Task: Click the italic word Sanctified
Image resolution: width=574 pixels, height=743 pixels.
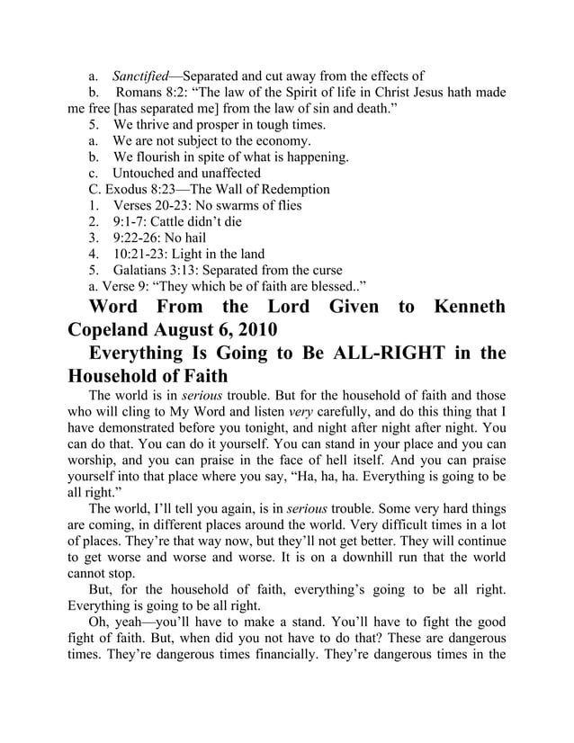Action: click(x=140, y=76)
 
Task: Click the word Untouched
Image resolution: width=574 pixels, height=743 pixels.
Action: click(x=147, y=173)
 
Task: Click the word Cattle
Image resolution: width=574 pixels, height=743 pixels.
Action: click(x=185, y=221)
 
